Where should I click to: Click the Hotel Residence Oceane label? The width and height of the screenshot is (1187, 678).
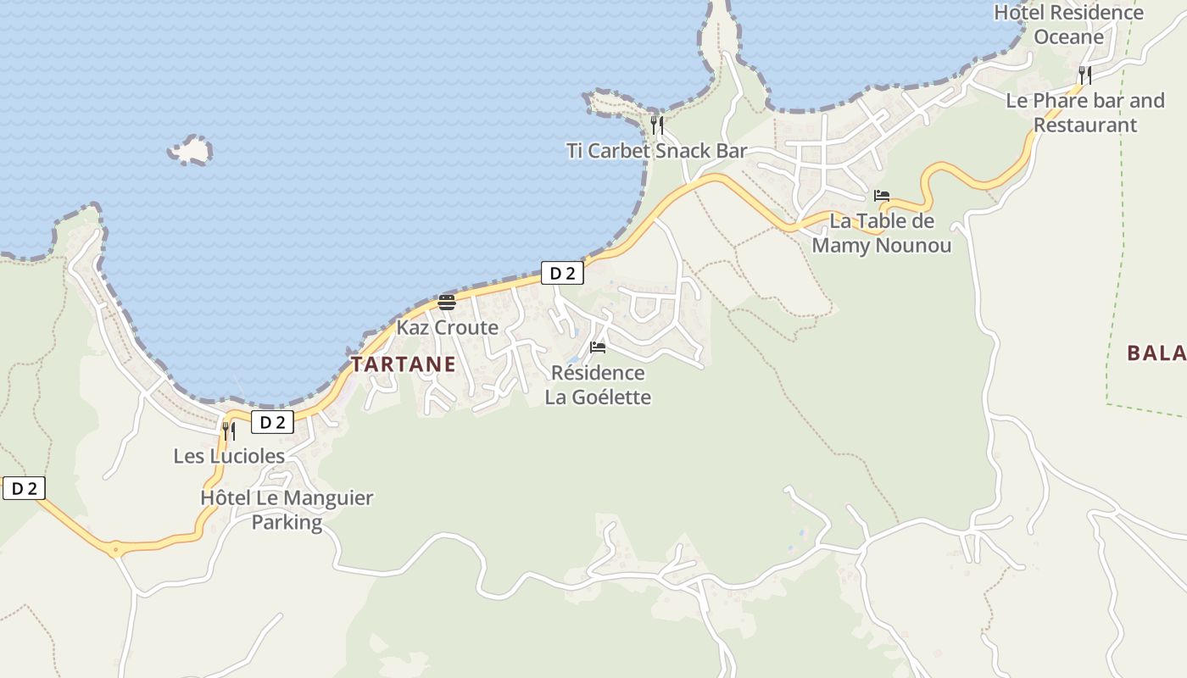coord(1068,25)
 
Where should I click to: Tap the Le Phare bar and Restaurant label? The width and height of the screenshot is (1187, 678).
coord(1085,113)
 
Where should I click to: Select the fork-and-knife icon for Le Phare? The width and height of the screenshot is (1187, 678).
coord(1084,75)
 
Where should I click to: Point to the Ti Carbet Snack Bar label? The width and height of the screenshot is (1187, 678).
coord(656,151)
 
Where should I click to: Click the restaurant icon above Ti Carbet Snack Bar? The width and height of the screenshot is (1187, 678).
coord(656,125)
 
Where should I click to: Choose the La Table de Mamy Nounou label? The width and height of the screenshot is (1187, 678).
coord(882,233)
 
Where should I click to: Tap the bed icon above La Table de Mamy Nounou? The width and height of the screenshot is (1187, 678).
coord(882,196)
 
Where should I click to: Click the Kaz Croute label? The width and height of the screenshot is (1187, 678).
coord(447,327)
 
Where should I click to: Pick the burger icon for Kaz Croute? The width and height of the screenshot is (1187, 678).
coord(447,303)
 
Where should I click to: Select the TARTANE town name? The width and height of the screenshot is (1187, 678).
coord(403,364)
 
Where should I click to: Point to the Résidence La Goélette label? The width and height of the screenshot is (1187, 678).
coord(598,385)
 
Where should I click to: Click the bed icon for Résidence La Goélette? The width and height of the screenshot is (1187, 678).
coord(598,347)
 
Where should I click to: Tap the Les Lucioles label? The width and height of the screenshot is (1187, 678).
coord(229,456)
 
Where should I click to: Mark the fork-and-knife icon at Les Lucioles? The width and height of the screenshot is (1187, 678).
coord(229,431)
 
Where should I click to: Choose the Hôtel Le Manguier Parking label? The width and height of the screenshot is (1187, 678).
coord(287,509)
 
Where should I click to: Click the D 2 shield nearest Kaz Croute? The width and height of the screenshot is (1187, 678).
coord(562,273)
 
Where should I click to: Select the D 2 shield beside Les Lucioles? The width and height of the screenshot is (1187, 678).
coord(272,422)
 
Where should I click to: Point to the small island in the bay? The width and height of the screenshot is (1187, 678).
coord(191,151)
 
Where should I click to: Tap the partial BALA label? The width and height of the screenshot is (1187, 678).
coord(1156,353)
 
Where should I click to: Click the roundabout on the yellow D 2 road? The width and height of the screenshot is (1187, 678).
coord(114,549)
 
